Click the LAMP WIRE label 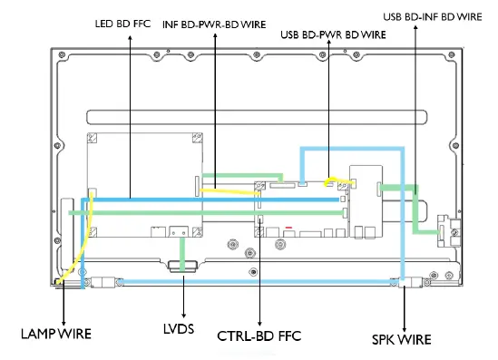(55, 333)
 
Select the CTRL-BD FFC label (259, 336)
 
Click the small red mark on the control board (288, 227)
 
